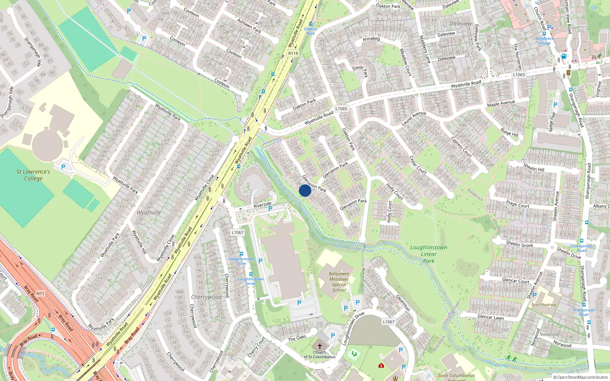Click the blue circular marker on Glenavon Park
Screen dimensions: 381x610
(x=305, y=190)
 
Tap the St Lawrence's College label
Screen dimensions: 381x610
(x=33, y=175)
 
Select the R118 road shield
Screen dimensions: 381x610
(x=293, y=53)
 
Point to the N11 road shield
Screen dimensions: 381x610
(x=40, y=293)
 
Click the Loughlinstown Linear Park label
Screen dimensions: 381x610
(x=429, y=254)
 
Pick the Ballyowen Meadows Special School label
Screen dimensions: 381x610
(x=339, y=282)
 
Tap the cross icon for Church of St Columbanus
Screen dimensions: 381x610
(x=319, y=346)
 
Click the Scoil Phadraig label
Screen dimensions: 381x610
(x=544, y=305)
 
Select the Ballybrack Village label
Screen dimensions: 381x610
(x=544, y=40)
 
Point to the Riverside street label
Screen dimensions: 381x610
(x=262, y=205)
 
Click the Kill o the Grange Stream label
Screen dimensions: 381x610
(x=353, y=248)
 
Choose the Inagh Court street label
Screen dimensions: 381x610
(x=517, y=203)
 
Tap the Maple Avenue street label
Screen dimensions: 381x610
(x=501, y=103)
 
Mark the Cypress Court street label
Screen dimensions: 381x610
(x=461, y=147)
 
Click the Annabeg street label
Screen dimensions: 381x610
(x=371, y=39)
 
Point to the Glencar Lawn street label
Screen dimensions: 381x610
(x=491, y=317)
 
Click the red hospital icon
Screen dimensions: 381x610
(x=381, y=365)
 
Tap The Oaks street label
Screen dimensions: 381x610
(x=297, y=338)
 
